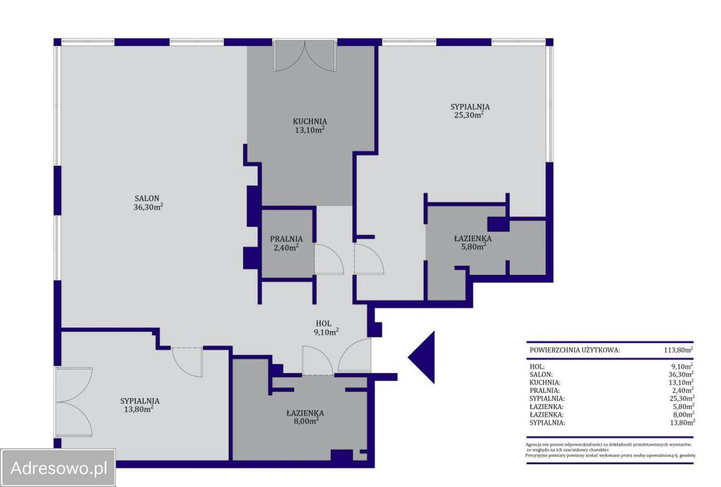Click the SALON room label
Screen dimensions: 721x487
pyautogui.click(x=147, y=199)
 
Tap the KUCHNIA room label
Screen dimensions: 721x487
pyautogui.click(x=310, y=122)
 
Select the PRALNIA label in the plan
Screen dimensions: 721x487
pyautogui.click(x=286, y=239)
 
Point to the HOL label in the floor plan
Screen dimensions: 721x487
pyautogui.click(x=323, y=324)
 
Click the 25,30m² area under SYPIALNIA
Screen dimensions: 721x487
pyautogui.click(x=469, y=115)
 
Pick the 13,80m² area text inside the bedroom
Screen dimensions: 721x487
pyautogui.click(x=139, y=409)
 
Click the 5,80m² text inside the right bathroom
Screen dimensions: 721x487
pyautogui.click(x=474, y=247)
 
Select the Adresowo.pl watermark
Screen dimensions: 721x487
pyautogui.click(x=58, y=468)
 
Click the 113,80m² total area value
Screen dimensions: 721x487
pyautogui.click(x=678, y=350)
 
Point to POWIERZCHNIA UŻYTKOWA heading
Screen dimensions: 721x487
pyautogui.click(x=575, y=350)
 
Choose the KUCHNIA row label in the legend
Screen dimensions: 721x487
pyautogui.click(x=545, y=382)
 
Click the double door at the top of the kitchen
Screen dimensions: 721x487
pyautogui.click(x=305, y=56)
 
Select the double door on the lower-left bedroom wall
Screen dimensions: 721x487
pyautogui.click(x=74, y=402)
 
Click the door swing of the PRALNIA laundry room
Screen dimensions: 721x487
pyautogui.click(x=329, y=260)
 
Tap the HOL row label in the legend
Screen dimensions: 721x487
pyautogui.click(x=537, y=367)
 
